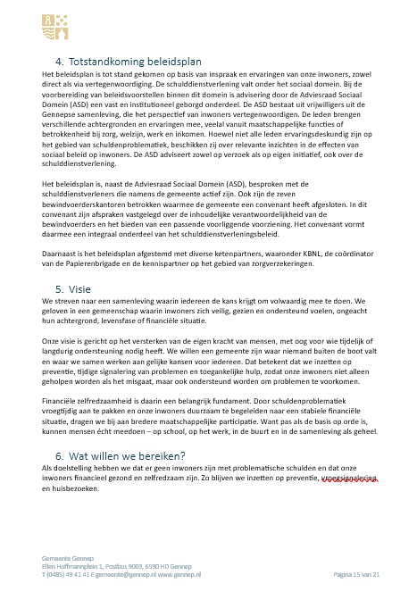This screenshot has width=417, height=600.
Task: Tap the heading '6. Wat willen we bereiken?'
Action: (121, 455)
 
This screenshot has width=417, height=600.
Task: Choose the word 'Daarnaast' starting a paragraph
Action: (60, 254)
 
